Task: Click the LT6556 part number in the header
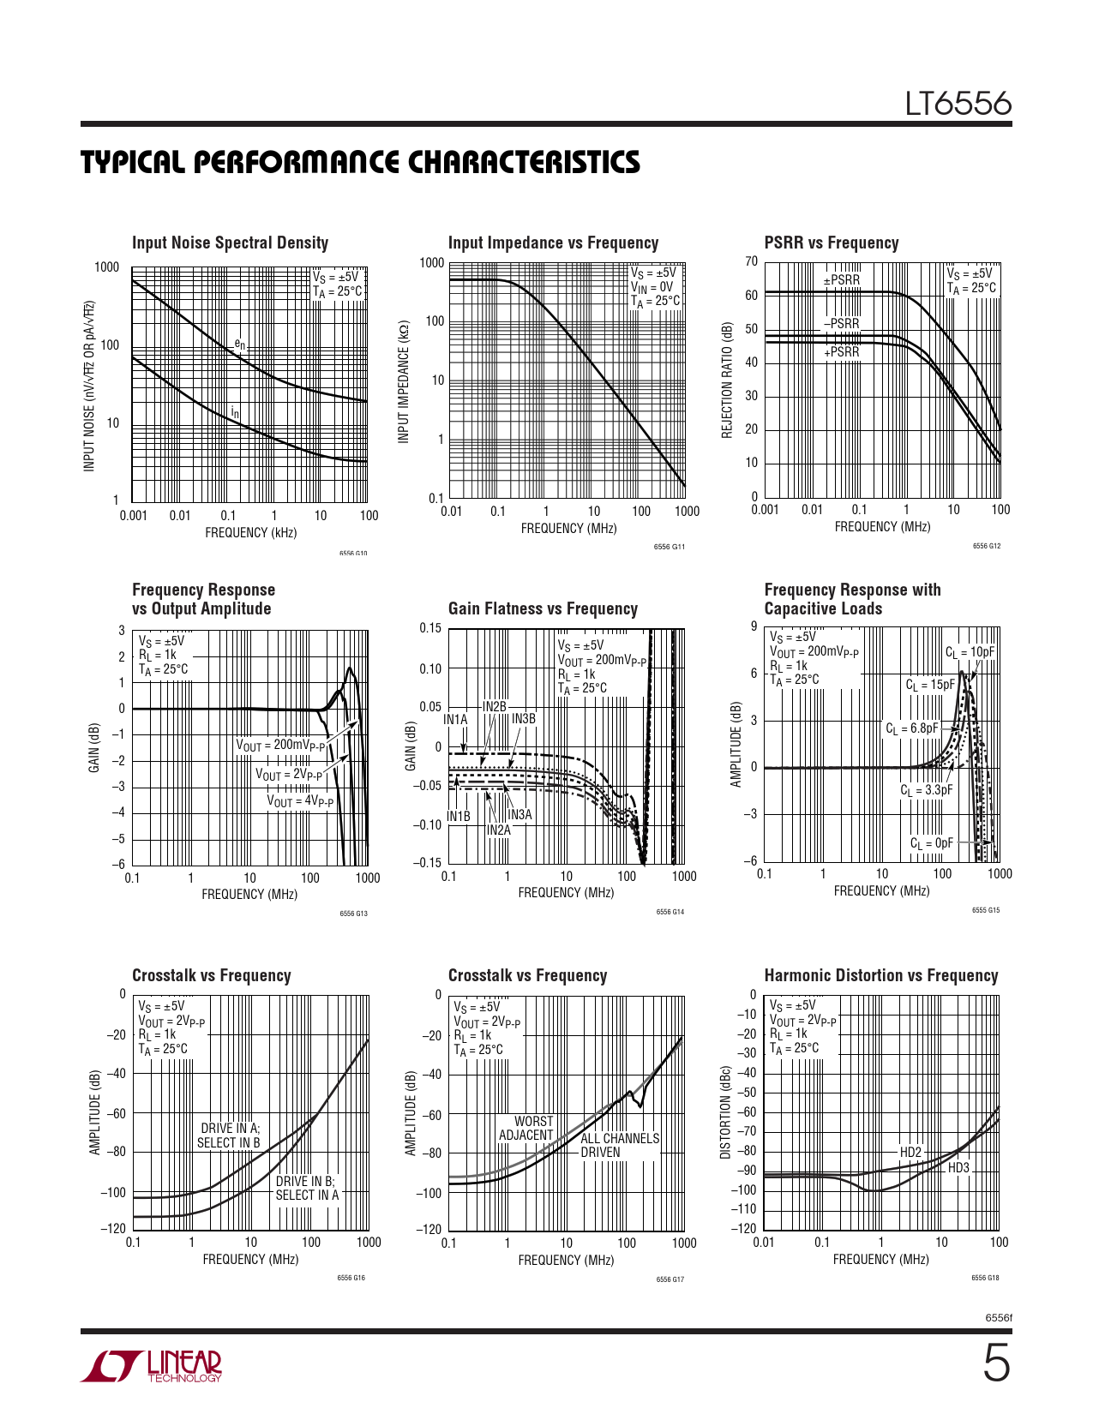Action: [958, 105]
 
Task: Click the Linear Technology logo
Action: [151, 1366]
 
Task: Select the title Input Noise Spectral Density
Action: [230, 243]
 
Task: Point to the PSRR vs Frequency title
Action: [831, 243]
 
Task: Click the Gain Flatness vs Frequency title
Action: [543, 609]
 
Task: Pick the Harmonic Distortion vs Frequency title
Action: [880, 976]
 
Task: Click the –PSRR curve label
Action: [841, 324]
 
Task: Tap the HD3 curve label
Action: [958, 1168]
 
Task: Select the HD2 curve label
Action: [910, 1153]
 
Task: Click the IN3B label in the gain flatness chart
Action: [523, 719]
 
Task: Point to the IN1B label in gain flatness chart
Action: [459, 817]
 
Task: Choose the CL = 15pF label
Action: [930, 685]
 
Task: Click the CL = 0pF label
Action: [931, 843]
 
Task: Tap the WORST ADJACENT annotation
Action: [526, 1129]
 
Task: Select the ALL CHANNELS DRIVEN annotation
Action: [620, 1146]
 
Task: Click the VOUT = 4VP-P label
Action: [300, 801]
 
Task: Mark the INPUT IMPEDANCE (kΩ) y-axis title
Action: [404, 382]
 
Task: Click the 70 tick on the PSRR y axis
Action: [752, 262]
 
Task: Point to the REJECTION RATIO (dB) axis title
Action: [728, 380]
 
